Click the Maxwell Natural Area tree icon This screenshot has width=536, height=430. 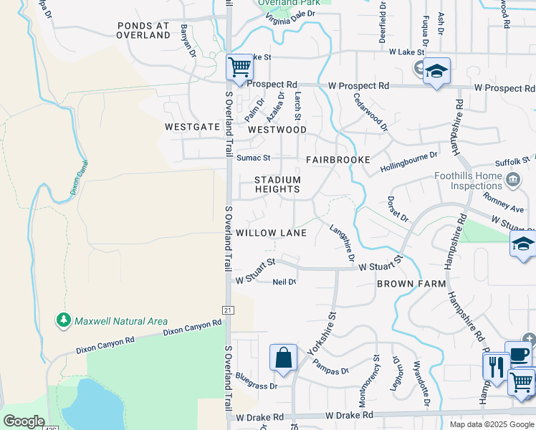[64, 320]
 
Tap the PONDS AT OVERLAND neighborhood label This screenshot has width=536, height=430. [143, 30]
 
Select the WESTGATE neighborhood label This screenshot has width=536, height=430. [191, 126]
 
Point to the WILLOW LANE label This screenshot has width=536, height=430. [271, 233]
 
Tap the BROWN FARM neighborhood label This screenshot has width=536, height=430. [411, 284]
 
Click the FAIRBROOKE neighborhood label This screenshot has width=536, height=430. [338, 159]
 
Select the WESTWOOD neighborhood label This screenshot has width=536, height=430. [277, 130]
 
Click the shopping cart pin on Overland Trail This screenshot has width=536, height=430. [239, 67]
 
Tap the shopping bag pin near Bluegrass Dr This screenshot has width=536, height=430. [283, 357]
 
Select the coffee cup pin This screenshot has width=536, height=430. [518, 354]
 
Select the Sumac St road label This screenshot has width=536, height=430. [253, 158]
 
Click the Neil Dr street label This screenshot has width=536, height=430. [284, 282]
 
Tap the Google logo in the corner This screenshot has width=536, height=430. [23, 421]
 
